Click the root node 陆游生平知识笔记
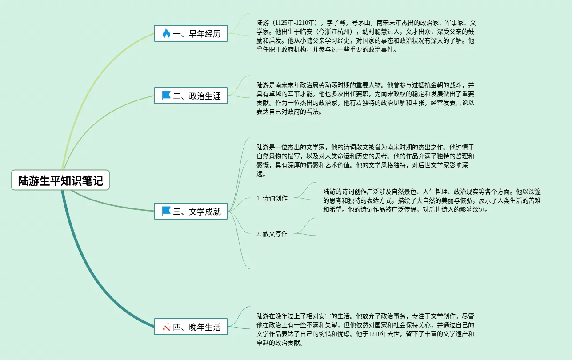60,180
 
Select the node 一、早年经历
191,33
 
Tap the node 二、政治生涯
191,96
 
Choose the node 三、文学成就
191,211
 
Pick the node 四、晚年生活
191,327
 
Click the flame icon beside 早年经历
166,33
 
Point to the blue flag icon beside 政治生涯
166,96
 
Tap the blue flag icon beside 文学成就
166,211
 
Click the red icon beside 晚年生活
167,327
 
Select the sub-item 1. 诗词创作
272,198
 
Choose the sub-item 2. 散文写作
272,234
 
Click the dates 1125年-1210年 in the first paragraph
295,23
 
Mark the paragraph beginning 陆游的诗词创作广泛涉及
432,200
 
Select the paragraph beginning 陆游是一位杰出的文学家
365,160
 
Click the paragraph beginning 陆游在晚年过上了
365,329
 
